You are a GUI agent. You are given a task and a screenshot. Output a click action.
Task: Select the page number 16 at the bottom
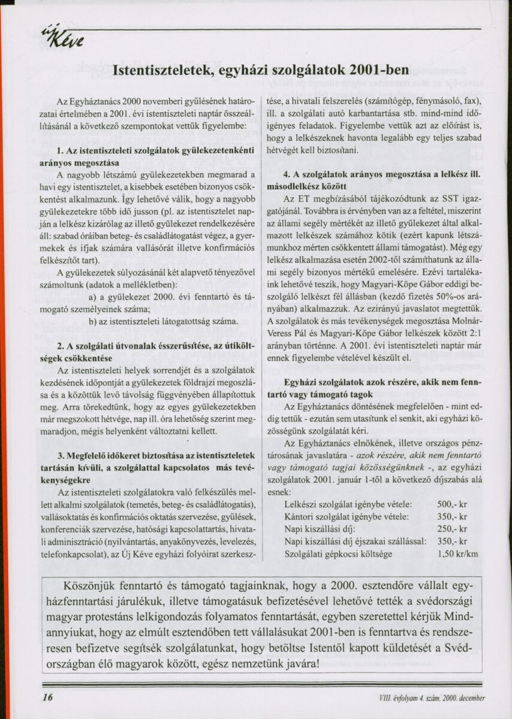tap(49, 697)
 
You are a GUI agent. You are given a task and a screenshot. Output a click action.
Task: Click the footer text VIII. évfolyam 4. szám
tap(431, 697)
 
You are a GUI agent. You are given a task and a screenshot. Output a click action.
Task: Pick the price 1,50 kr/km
tap(458, 554)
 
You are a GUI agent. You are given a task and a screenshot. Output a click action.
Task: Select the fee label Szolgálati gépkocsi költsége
tap(338, 554)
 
